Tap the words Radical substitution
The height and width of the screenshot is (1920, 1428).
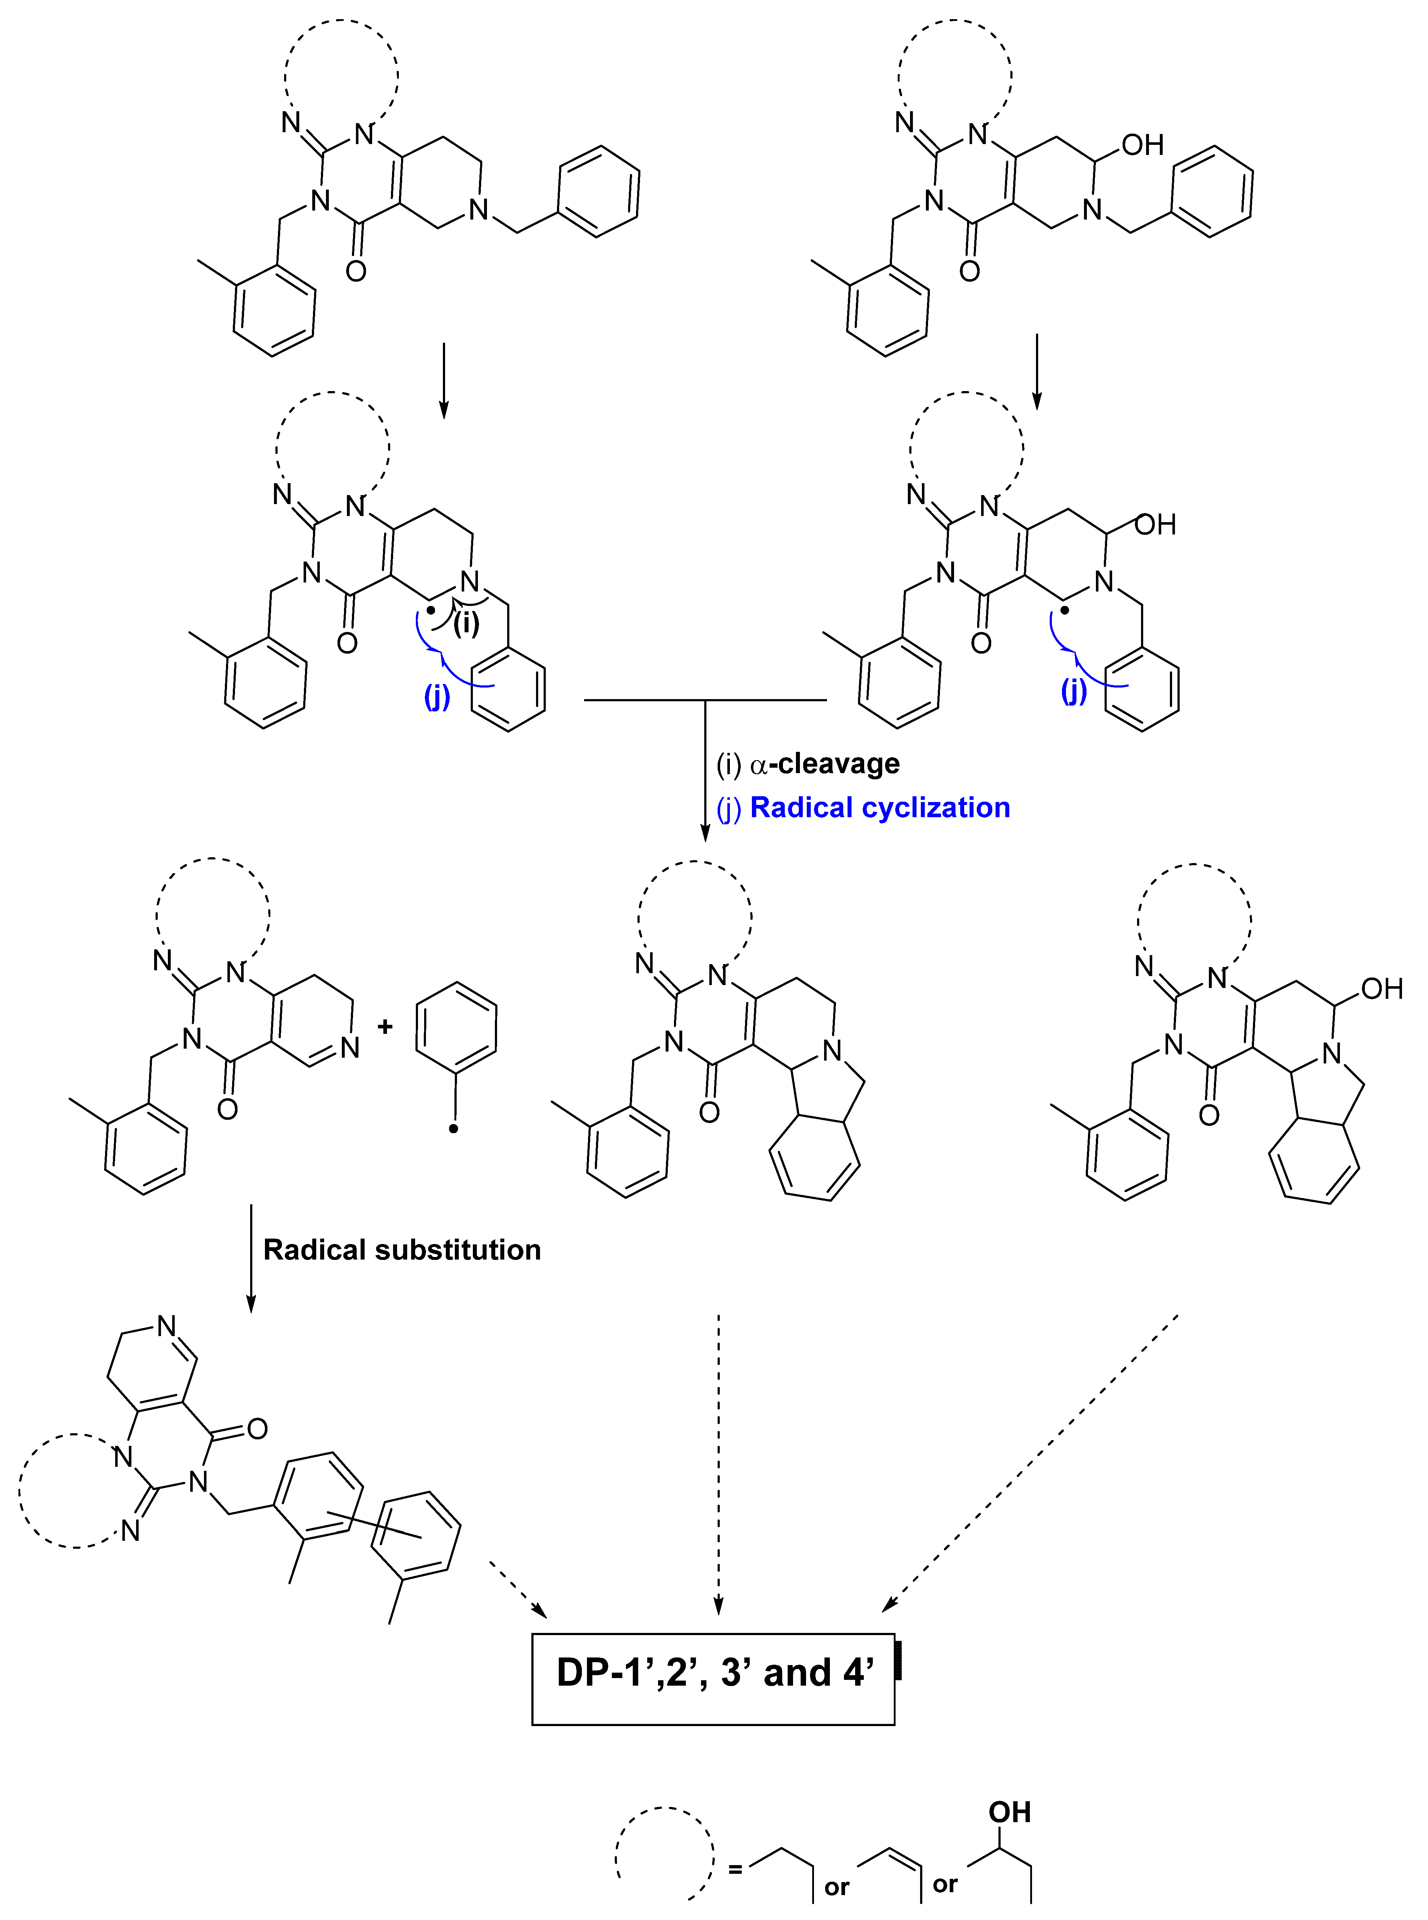coord(402,1250)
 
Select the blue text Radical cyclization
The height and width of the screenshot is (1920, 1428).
coord(880,807)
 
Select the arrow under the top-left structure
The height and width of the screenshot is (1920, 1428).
coord(443,380)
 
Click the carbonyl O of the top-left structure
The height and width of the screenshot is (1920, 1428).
coord(355,272)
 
